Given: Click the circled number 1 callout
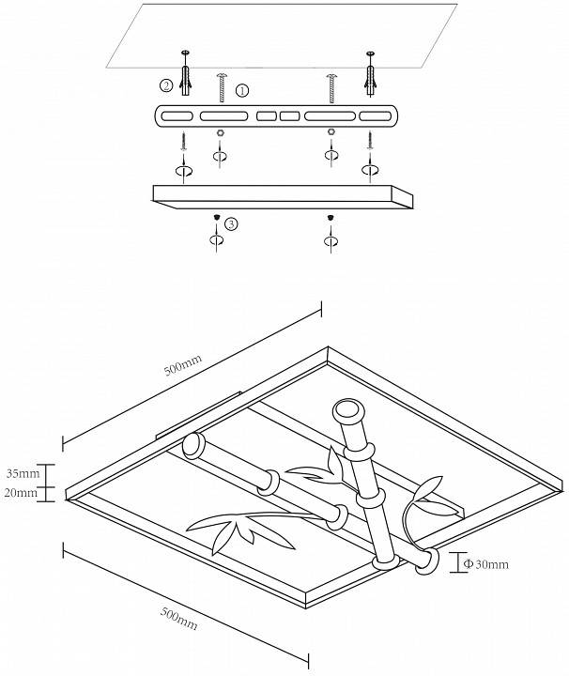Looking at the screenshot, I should pyautogui.click(x=242, y=91).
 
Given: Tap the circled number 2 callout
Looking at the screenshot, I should pyautogui.click(x=166, y=85).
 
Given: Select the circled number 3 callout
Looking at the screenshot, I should pyautogui.click(x=232, y=223).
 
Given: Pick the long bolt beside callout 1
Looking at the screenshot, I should pyautogui.click(x=222, y=88).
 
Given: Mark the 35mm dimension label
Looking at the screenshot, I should pyautogui.click(x=21, y=472).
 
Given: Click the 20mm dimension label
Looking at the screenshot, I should pyautogui.click(x=21, y=492).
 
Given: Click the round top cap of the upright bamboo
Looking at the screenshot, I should pyautogui.click(x=346, y=410).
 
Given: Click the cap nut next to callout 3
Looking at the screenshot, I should pyautogui.click(x=218, y=218).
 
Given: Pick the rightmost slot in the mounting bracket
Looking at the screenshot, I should pyautogui.click(x=377, y=117).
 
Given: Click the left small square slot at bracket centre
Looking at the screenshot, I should pyautogui.click(x=267, y=117).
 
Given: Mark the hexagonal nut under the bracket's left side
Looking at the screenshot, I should pyautogui.click(x=220, y=132).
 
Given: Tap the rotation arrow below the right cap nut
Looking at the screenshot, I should pyautogui.click(x=330, y=241).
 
